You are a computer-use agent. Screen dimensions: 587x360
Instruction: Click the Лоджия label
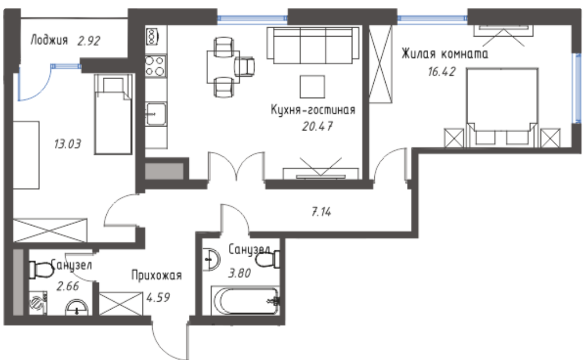coord(49,40)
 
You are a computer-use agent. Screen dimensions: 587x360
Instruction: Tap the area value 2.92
coord(89,41)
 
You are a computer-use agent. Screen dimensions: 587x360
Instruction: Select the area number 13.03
coord(67,144)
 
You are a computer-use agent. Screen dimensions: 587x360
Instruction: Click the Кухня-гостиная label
coord(313,110)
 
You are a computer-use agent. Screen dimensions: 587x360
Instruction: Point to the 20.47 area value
coord(317,127)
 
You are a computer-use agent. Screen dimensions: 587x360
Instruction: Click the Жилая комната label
coord(444,54)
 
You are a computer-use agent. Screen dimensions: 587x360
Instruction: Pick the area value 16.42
coord(442,71)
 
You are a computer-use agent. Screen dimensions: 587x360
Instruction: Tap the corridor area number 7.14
coord(321,212)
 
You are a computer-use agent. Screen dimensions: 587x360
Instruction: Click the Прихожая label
coord(157,275)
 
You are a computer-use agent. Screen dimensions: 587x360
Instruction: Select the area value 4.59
coord(158,297)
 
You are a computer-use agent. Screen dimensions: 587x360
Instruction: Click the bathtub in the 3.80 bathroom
coord(245,301)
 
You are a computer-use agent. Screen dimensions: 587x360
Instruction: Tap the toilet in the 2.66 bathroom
coord(41,270)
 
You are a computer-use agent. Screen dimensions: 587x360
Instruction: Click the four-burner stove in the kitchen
coord(156,66)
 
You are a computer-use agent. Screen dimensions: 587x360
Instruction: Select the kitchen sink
coord(156,114)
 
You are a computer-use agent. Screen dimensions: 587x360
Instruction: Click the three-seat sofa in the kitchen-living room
coord(313,45)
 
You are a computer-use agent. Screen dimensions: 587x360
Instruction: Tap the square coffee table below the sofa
coord(312,87)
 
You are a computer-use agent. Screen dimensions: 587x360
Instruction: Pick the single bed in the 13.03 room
coord(113,114)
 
